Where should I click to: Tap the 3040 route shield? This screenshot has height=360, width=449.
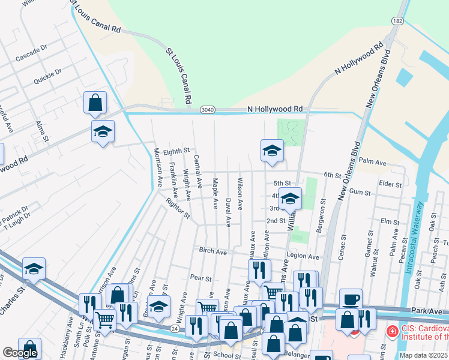[207, 109]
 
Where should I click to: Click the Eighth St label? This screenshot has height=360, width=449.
[176, 151]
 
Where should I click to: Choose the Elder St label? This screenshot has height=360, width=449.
[390, 184]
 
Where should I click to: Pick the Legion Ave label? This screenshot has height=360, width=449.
[303, 256]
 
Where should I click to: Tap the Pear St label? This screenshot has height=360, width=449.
[200, 278]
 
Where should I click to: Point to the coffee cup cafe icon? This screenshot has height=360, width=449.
[351, 299]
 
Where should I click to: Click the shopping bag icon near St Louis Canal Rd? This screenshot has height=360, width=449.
[95, 103]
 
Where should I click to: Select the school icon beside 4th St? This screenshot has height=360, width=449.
[290, 198]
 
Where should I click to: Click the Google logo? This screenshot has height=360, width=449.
[20, 353]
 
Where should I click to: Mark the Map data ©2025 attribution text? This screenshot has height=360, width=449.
[424, 355]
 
